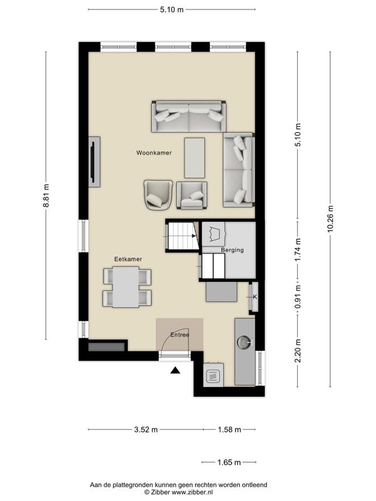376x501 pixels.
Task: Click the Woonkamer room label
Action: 154,153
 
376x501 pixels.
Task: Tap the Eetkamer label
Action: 128,259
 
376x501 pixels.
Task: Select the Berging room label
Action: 232,250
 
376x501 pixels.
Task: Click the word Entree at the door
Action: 180,335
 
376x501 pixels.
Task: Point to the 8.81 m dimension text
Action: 46,195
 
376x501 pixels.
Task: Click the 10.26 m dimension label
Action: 330,219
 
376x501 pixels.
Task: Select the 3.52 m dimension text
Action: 146,430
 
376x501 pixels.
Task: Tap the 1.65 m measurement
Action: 229,462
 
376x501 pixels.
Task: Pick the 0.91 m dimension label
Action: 298,297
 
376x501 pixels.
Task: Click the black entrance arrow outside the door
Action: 175,370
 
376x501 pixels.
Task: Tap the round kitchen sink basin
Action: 244,342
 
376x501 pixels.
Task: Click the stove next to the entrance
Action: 213,374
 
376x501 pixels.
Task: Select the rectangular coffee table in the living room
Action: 195,158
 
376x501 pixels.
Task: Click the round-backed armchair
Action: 159,195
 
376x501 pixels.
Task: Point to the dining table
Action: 126,287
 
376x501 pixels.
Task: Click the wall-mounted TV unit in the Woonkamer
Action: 95,162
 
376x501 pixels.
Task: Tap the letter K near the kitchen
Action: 255,297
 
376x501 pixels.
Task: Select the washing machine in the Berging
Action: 213,234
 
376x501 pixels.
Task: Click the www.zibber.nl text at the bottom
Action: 192,492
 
